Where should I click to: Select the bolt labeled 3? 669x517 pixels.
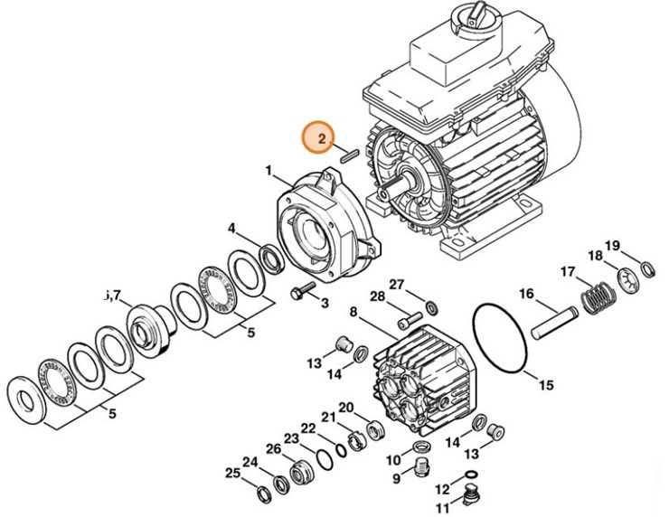click(x=300, y=292)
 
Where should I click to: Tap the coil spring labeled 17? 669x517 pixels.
click(x=593, y=296)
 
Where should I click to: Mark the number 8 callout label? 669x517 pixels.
click(x=353, y=313)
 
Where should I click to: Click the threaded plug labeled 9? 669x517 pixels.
click(x=419, y=467)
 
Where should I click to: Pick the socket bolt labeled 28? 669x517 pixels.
click(x=407, y=318)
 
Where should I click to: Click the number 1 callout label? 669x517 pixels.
click(x=269, y=169)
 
